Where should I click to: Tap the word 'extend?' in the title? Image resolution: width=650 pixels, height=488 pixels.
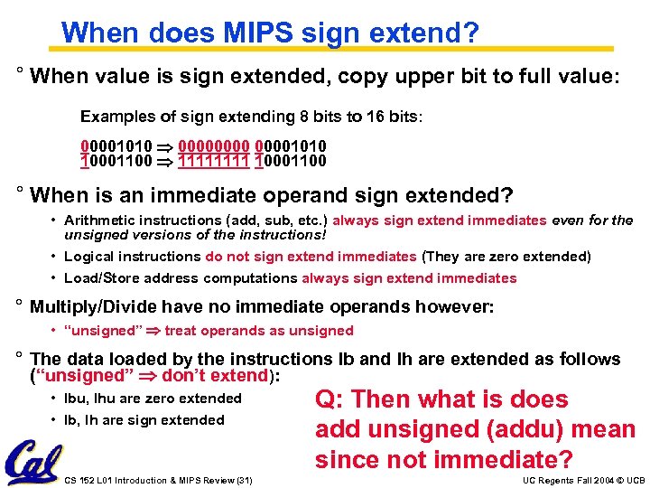coord(428,33)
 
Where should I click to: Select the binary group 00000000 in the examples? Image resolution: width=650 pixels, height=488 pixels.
coord(215,146)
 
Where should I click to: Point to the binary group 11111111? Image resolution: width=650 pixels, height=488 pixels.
coord(215,161)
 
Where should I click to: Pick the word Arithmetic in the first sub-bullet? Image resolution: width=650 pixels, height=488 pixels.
coord(98,221)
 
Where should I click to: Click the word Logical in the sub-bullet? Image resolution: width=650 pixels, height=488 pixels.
coord(89,257)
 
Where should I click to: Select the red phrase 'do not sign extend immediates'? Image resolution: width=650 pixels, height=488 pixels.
coord(311,257)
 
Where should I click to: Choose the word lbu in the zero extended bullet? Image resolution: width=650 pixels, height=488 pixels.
coord(77,399)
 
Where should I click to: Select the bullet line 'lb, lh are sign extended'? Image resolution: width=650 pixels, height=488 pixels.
coord(144,420)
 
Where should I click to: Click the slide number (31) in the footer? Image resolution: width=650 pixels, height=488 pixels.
coord(241,480)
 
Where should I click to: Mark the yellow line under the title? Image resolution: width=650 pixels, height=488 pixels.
coord(338,48)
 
